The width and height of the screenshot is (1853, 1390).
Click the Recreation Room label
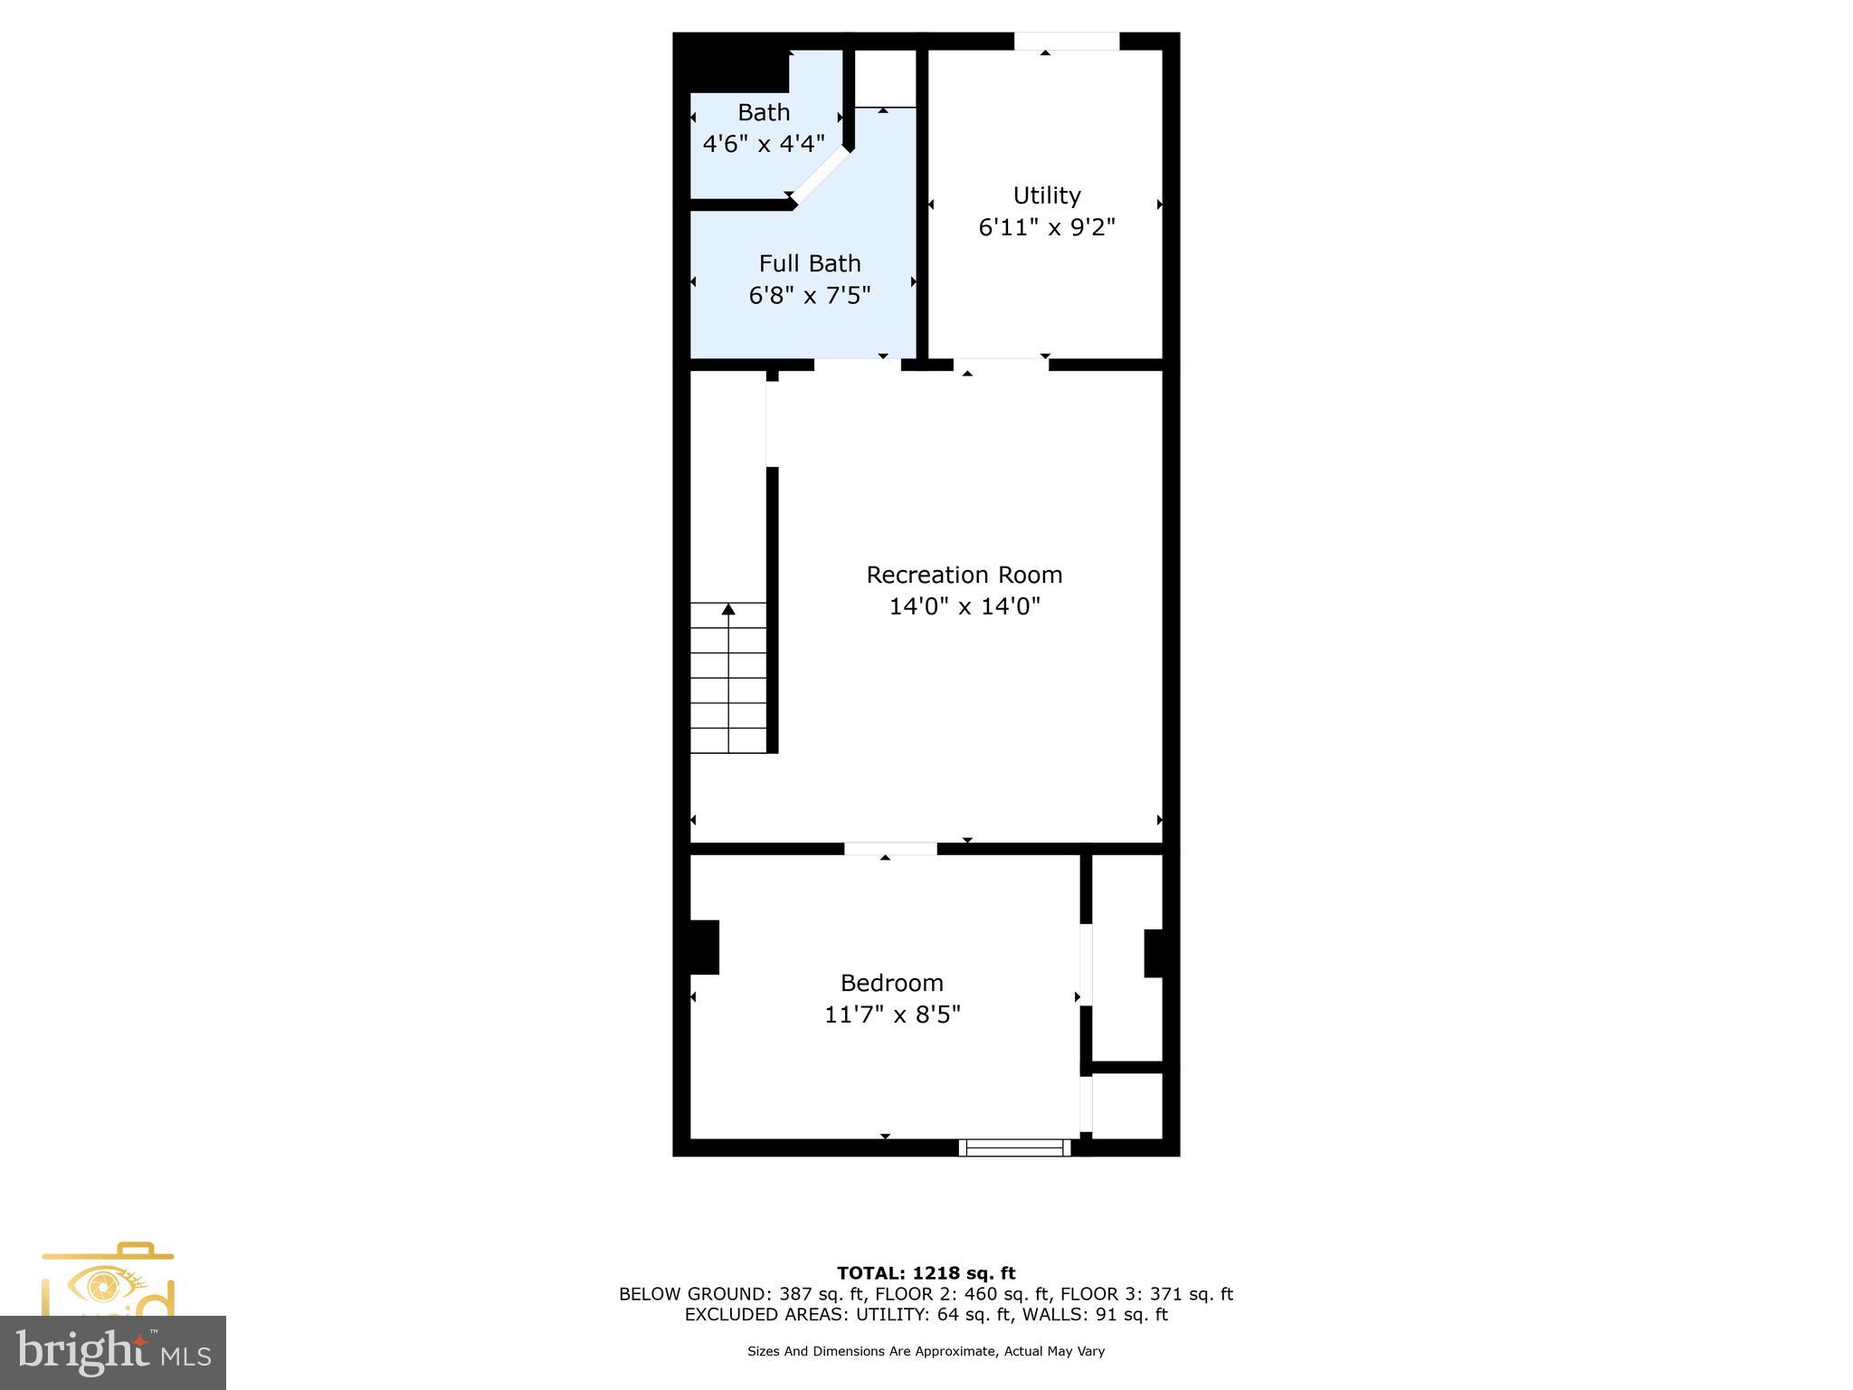(964, 575)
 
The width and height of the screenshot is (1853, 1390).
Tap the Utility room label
(1047, 195)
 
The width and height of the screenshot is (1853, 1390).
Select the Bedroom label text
(891, 983)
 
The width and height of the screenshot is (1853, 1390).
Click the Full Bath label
(810, 263)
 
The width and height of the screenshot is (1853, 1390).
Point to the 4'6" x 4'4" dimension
(764, 144)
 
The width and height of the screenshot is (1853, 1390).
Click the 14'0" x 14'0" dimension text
(965, 606)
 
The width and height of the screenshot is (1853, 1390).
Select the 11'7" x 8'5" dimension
(892, 1014)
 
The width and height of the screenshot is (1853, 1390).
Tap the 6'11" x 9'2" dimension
(1047, 227)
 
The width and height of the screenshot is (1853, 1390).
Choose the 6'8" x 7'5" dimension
(810, 295)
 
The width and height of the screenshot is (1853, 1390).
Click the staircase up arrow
(728, 609)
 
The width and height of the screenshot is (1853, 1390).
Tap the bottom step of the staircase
(728, 740)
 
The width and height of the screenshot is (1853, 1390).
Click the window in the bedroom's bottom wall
(1014, 1147)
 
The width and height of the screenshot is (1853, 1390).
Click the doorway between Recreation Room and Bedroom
(890, 849)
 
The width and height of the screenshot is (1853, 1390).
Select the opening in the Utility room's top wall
(1066, 42)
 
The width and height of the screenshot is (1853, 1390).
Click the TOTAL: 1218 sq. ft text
(926, 1273)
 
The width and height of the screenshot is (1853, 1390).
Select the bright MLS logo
(113, 1352)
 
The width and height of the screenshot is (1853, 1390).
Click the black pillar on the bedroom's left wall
(704, 947)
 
